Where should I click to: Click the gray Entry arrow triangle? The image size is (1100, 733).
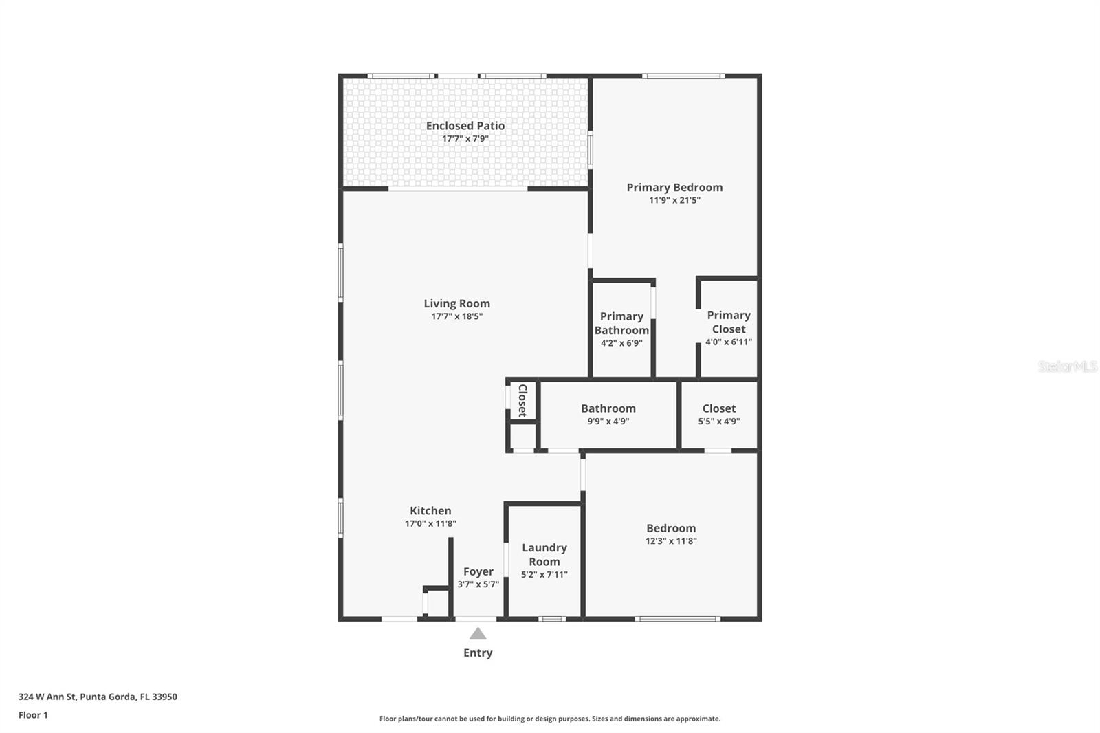pyautogui.click(x=478, y=634)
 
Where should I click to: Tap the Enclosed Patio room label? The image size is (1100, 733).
pyautogui.click(x=465, y=126)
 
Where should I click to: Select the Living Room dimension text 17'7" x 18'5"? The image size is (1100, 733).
pyautogui.click(x=457, y=317)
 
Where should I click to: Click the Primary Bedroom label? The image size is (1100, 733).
pyautogui.click(x=674, y=187)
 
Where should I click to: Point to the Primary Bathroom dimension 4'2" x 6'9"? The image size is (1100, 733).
pyautogui.click(x=621, y=343)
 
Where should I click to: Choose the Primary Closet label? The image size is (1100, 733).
pyautogui.click(x=729, y=322)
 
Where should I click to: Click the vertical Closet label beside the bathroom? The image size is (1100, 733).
pyautogui.click(x=522, y=400)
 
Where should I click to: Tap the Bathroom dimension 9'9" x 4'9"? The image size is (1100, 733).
pyautogui.click(x=608, y=422)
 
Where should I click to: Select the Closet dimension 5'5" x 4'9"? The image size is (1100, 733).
pyautogui.click(x=719, y=422)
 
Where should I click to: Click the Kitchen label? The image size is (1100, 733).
pyautogui.click(x=430, y=511)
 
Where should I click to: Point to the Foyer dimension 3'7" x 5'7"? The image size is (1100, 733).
pyautogui.click(x=478, y=585)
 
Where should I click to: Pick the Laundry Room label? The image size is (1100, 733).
pyautogui.click(x=544, y=554)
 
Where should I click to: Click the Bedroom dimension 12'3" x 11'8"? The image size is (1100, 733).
pyautogui.click(x=671, y=541)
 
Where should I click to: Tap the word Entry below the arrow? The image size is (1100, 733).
pyautogui.click(x=478, y=653)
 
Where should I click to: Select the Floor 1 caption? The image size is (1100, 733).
pyautogui.click(x=33, y=715)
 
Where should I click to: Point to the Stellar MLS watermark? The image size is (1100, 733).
pyautogui.click(x=1068, y=366)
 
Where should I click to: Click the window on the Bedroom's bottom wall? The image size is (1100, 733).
pyautogui.click(x=678, y=619)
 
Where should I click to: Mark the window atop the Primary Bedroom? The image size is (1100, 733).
pyautogui.click(x=683, y=76)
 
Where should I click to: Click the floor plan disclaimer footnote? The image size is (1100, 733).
pyautogui.click(x=550, y=719)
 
